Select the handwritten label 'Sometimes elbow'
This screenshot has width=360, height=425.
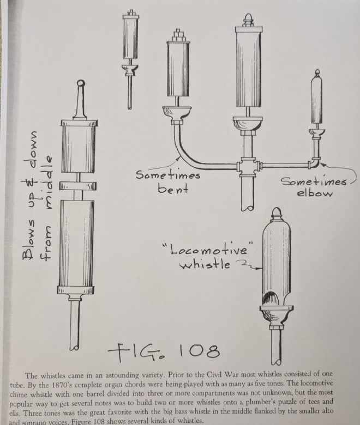314,187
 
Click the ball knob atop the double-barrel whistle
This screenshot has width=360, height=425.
80,84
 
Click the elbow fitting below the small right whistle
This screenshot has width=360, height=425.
315,162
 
